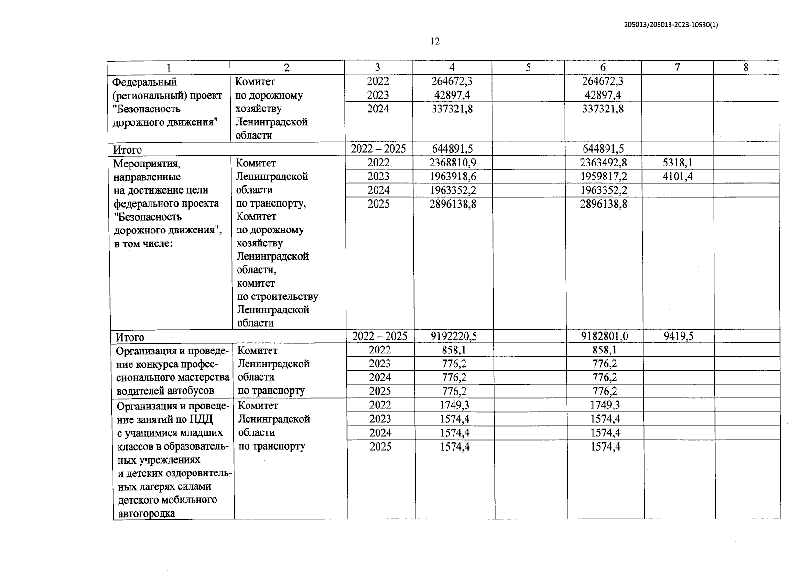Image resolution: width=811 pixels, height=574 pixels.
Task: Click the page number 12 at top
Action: click(x=434, y=42)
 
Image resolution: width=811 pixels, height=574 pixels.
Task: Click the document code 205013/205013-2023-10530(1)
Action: click(x=671, y=25)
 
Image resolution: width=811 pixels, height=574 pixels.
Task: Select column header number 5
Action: click(x=528, y=67)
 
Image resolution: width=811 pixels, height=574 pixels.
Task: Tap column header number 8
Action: click(x=746, y=67)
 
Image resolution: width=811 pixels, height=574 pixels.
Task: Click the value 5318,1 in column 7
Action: click(x=678, y=163)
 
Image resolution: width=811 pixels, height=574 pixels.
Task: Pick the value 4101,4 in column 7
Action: click(x=678, y=177)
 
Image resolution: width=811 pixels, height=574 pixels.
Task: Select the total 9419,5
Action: click(x=678, y=336)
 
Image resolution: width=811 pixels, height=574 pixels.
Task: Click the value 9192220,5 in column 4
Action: click(x=454, y=336)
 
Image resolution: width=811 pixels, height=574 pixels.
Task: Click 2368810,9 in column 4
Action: click(x=452, y=163)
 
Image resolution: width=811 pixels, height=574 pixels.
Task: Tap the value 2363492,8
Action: click(x=603, y=163)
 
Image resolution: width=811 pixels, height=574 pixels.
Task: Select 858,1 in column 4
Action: click(x=454, y=350)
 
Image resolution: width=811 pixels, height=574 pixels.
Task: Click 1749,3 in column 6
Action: click(x=605, y=405)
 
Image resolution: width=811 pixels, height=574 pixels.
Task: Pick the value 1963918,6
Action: click(x=452, y=177)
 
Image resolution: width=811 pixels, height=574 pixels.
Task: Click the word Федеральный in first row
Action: click(x=144, y=82)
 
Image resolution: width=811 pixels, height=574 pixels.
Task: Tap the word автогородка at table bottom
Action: click(x=146, y=514)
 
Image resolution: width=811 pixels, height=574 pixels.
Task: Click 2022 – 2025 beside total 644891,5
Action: click(x=378, y=149)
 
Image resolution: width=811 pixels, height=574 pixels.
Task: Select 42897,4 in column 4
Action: click(x=452, y=95)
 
